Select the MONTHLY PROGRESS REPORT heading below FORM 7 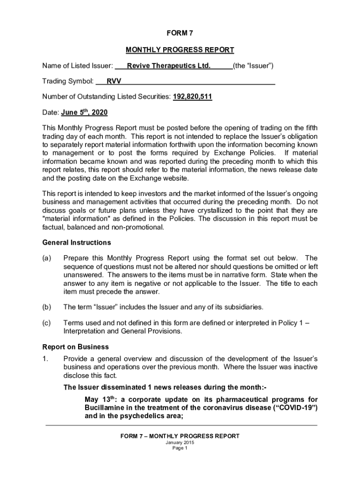pyautogui.click(x=180, y=50)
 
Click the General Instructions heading pyautogui.click(x=77, y=242)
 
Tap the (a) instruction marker pyautogui.click(x=47, y=258)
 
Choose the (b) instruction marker pyautogui.click(x=47, y=307)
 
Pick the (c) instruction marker pyautogui.click(x=47, y=323)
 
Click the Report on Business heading pyautogui.click(x=76, y=347)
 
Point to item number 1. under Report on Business pyautogui.click(x=45, y=359)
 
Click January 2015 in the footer pyautogui.click(x=180, y=443)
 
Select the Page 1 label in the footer pyautogui.click(x=180, y=448)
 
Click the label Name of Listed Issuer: pyautogui.click(x=78, y=66)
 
